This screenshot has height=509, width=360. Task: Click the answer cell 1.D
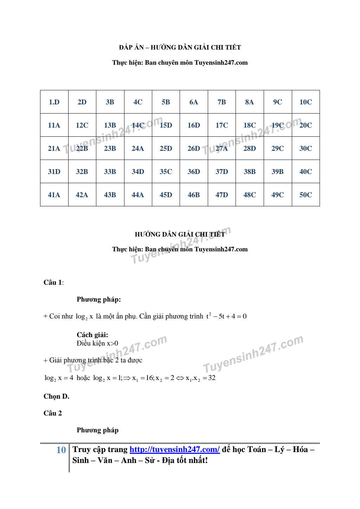click(x=54, y=102)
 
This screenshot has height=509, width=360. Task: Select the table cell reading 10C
click(x=306, y=102)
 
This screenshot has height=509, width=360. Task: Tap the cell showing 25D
click(x=166, y=148)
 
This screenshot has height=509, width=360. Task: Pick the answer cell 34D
click(x=138, y=172)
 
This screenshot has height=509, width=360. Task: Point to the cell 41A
click(x=54, y=195)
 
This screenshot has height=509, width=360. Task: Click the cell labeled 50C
click(x=306, y=195)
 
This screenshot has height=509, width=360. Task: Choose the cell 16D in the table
click(x=194, y=125)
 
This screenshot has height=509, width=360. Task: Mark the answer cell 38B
click(x=250, y=172)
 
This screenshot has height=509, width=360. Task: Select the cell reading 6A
click(x=194, y=102)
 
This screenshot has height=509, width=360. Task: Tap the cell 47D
click(x=222, y=195)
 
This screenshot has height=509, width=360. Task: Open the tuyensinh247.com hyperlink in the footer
click(x=174, y=449)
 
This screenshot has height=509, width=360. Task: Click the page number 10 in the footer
click(x=61, y=450)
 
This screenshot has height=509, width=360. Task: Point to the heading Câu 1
click(x=53, y=282)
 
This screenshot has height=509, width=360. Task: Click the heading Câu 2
click(x=53, y=413)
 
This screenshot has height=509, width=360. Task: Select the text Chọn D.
click(x=56, y=396)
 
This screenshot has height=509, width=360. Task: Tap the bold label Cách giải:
click(x=92, y=335)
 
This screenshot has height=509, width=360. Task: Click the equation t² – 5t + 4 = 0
click(x=226, y=316)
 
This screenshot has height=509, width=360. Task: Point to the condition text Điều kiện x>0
click(x=97, y=343)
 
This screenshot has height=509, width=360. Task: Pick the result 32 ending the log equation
click(x=212, y=378)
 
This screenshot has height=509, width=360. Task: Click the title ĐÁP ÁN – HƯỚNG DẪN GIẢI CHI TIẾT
click(x=180, y=47)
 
